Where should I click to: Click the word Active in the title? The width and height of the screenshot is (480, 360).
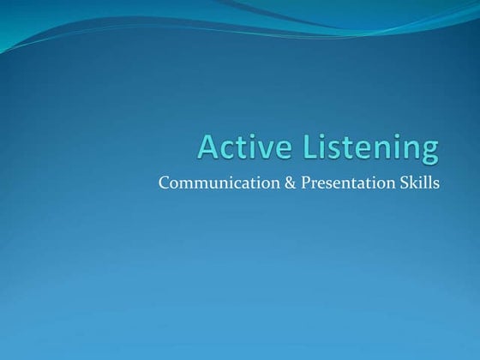[242, 147]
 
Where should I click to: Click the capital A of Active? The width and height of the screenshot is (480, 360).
[207, 147]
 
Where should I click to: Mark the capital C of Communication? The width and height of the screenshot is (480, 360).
[165, 183]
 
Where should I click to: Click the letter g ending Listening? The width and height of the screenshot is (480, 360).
[429, 151]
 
